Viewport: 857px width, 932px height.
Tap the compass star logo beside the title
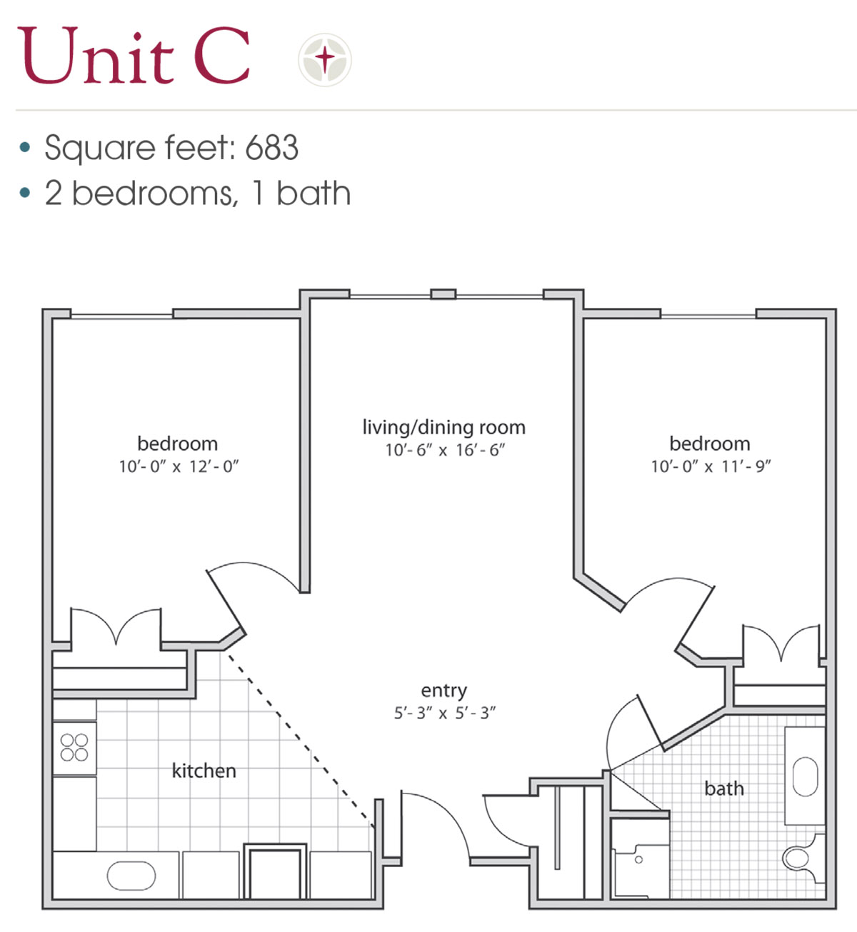coord(325,59)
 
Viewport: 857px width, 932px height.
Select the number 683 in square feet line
coord(271,148)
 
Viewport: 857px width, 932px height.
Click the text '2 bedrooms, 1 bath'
coord(197,194)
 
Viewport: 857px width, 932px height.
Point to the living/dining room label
coord(443,427)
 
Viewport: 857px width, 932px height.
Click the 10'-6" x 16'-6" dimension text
coord(445,450)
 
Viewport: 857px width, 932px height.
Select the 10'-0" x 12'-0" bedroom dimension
coord(179,466)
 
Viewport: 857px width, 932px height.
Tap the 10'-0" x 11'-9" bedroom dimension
coord(711,466)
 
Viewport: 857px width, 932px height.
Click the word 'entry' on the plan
coord(443,691)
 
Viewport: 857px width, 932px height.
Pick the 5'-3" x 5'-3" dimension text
coord(444,713)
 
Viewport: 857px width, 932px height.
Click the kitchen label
coord(204,771)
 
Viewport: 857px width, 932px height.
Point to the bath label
coord(723,788)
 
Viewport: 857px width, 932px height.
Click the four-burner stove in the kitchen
coord(74,748)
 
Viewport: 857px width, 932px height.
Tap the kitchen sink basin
coord(131,876)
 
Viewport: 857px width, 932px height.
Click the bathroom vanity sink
coord(805,776)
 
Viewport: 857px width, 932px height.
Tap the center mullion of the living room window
coord(443,294)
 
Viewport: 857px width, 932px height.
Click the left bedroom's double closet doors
coord(116,628)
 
